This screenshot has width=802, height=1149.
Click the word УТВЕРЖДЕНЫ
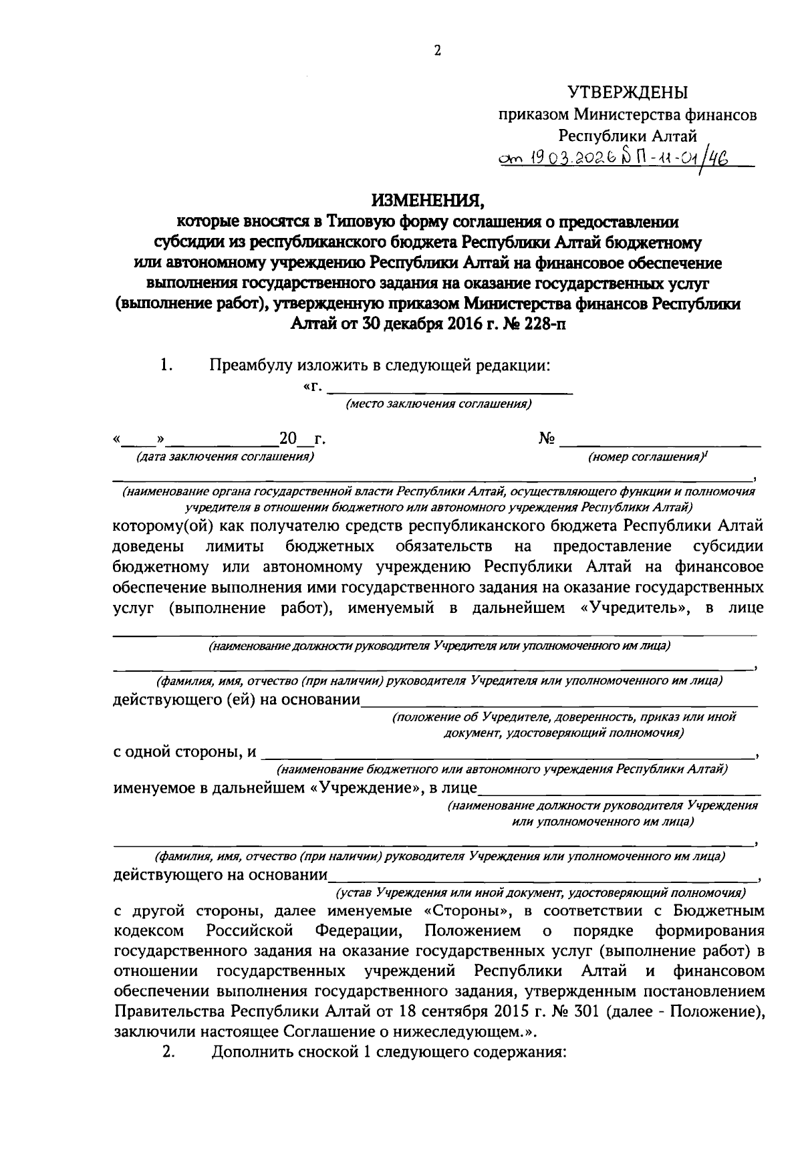[x=627, y=92]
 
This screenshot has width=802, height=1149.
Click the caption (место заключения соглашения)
[x=438, y=404]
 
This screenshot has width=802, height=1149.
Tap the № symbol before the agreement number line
[x=547, y=439]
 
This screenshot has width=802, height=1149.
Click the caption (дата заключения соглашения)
[x=225, y=457]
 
